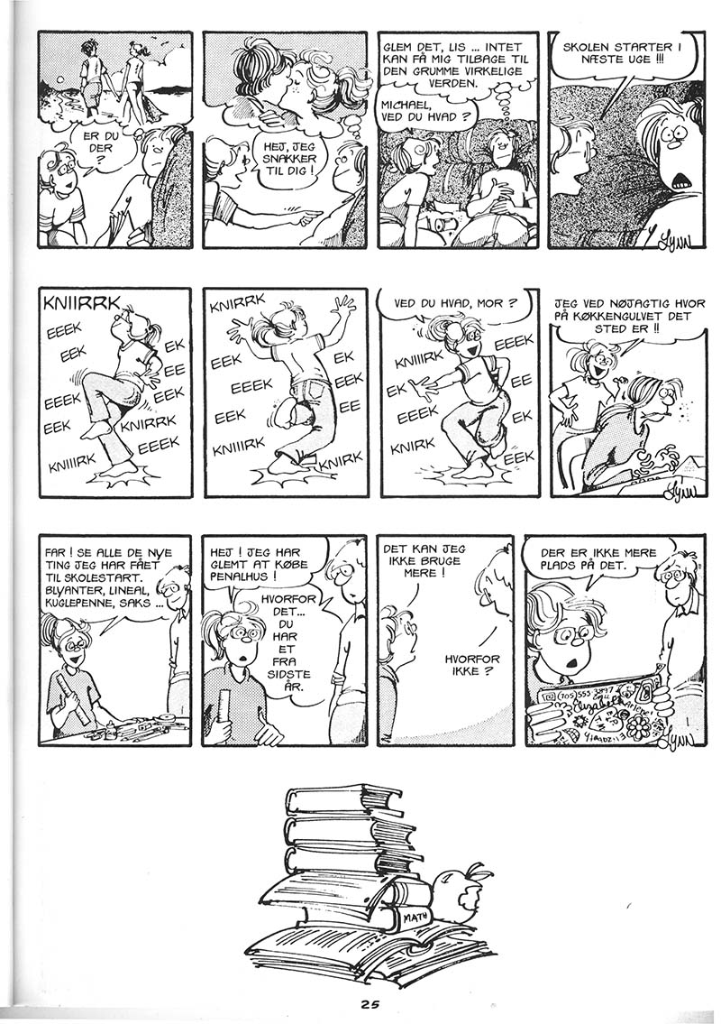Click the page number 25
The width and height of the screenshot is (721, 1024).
[x=369, y=1004]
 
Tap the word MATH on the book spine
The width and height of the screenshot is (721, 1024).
[x=415, y=917]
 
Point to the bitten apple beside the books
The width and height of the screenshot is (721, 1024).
[x=462, y=886]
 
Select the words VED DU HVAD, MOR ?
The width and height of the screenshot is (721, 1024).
[x=455, y=303]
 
